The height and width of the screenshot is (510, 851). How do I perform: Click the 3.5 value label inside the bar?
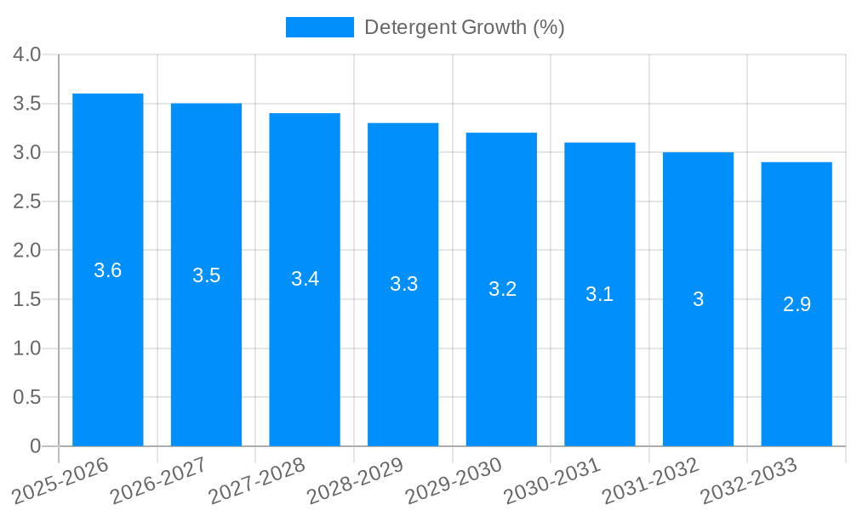click(206, 275)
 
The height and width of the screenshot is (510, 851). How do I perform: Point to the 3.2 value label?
click(502, 289)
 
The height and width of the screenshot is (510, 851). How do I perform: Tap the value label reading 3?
click(698, 299)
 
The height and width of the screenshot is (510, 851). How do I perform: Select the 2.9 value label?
click(797, 304)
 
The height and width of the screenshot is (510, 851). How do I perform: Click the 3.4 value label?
click(305, 279)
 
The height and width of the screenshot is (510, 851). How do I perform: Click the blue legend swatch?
click(319, 27)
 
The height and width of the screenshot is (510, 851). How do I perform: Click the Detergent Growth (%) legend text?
click(464, 27)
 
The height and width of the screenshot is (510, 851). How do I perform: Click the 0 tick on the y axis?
click(35, 446)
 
